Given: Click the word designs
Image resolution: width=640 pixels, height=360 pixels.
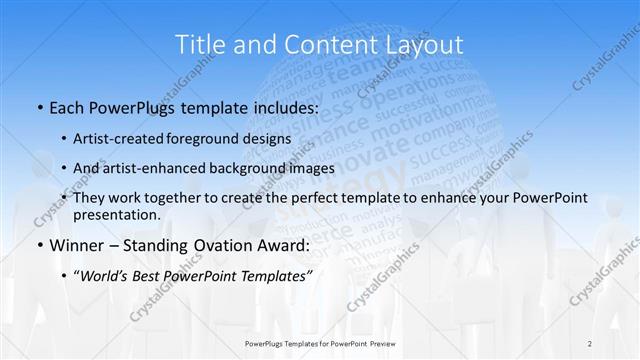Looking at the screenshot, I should (269, 138).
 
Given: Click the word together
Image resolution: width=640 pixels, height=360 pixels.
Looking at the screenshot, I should (168, 198).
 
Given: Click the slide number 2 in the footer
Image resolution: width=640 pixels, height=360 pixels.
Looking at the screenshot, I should (591, 343).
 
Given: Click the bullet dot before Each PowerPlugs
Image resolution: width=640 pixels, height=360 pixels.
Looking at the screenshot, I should (38, 106).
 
